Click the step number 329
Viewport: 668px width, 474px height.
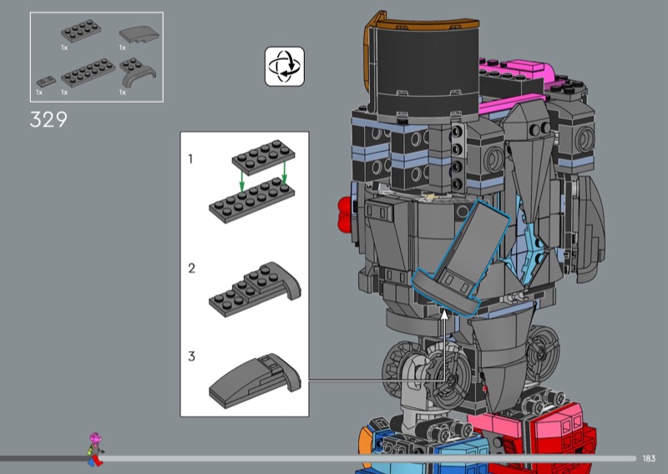(x=48, y=119)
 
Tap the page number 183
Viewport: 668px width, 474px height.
(x=649, y=458)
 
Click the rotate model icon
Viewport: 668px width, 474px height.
(x=285, y=67)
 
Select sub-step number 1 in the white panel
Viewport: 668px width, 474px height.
(x=190, y=159)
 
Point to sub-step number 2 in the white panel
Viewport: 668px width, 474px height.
(x=192, y=268)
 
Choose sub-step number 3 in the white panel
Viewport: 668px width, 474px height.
(x=192, y=356)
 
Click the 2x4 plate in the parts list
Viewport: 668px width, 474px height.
(x=81, y=31)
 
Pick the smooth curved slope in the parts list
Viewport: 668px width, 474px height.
(x=139, y=34)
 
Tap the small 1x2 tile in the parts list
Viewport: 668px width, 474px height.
(x=46, y=81)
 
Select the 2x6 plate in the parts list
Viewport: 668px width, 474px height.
(x=89, y=73)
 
